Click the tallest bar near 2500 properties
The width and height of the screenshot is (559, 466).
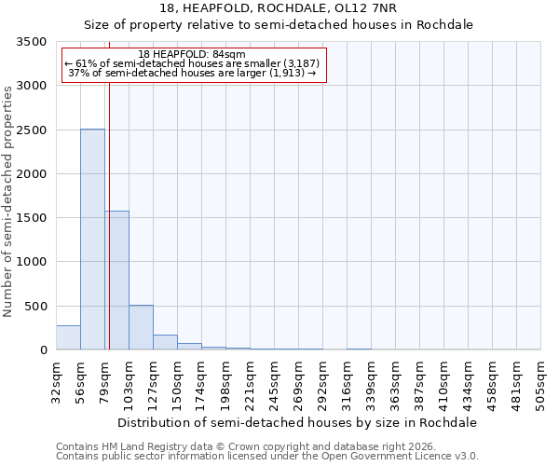(92, 240)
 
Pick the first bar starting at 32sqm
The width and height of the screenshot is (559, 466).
(68, 337)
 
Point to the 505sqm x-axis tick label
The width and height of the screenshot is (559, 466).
(541, 379)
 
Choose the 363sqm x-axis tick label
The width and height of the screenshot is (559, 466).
(396, 379)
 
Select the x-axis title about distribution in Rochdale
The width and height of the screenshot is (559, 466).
(297, 422)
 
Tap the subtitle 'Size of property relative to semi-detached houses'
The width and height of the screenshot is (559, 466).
(279, 25)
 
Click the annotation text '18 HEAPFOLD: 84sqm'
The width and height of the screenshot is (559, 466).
(191, 55)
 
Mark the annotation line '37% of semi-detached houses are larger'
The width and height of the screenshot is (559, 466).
(194, 74)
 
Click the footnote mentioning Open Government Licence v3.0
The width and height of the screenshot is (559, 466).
(267, 457)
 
